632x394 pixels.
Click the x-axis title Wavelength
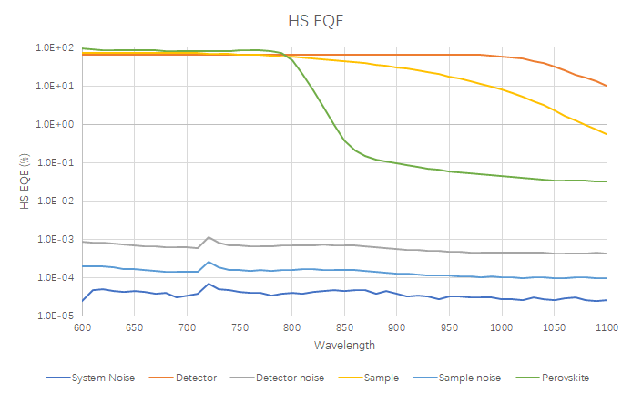tap(343, 346)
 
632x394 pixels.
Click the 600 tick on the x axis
tap(82, 327)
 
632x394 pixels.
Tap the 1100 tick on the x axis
tap(606, 327)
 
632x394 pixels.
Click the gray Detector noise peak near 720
tap(209, 237)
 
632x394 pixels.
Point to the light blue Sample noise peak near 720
tap(209, 262)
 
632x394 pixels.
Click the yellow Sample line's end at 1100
tap(607, 134)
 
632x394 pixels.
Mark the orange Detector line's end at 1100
tap(607, 86)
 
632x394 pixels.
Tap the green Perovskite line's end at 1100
tap(607, 181)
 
